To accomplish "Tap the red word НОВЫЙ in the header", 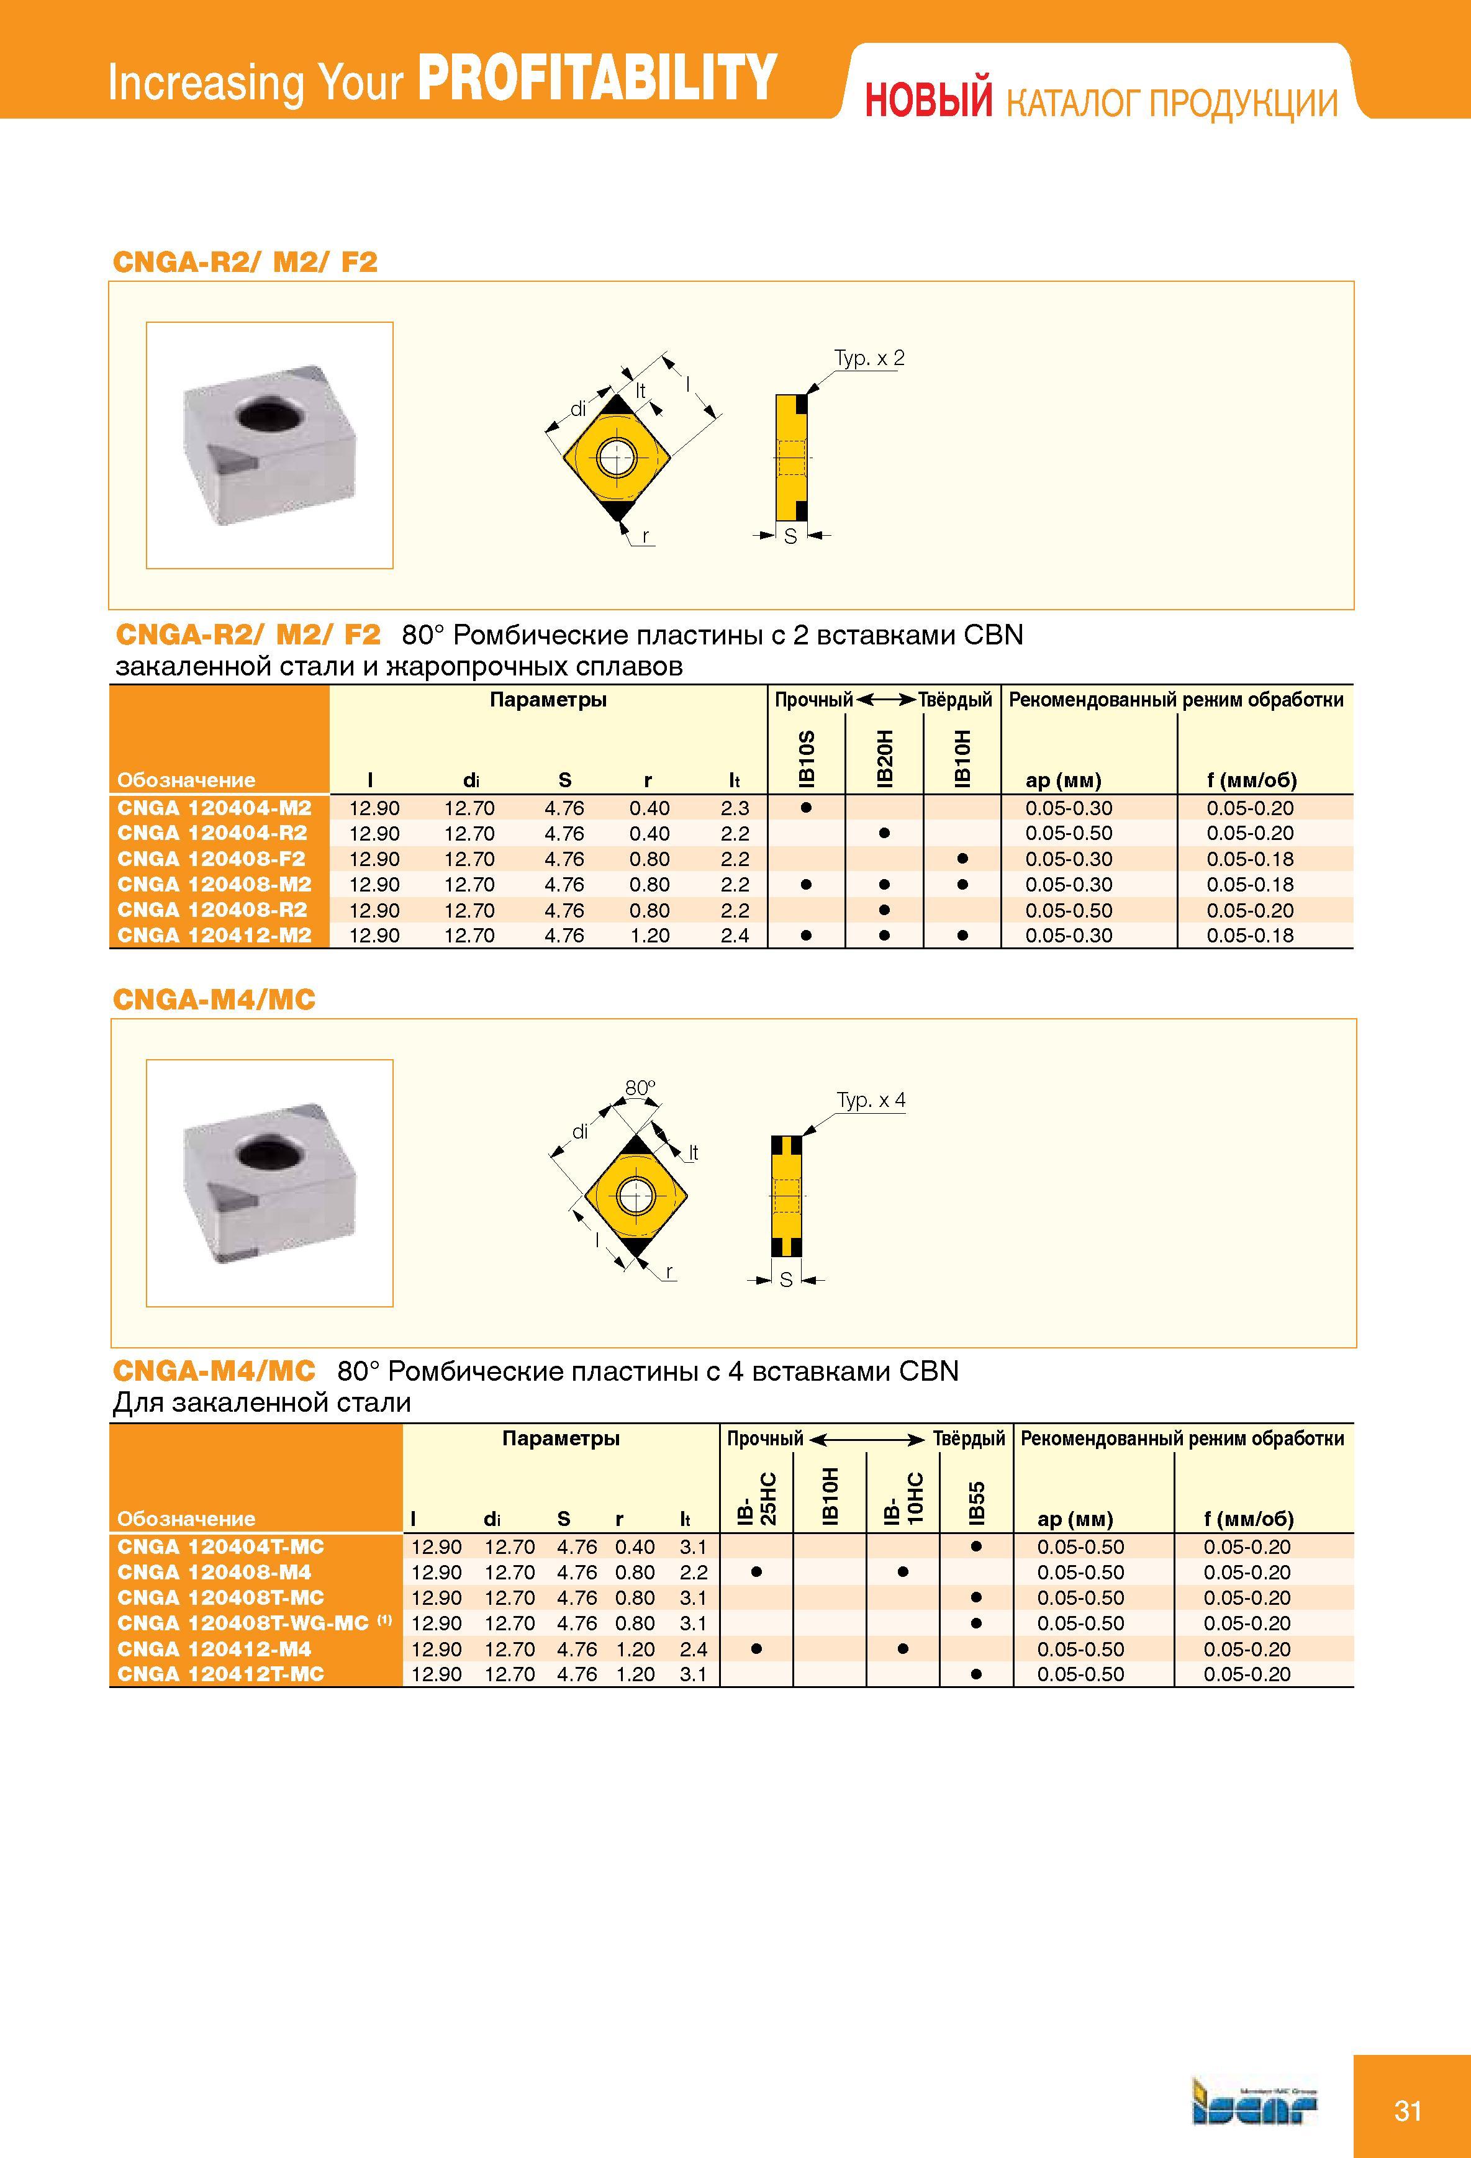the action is coord(929,101).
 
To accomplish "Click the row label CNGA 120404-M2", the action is coord(214,808).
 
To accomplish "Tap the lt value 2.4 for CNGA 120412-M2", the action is coord(735,935).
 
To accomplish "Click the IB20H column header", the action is coord(884,759).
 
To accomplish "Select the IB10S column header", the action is coord(806,759).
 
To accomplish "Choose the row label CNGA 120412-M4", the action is coord(214,1649).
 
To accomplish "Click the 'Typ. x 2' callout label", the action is coord(868,358).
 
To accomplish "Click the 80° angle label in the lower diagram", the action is coord(640,1087).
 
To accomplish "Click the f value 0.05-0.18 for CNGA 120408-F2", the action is coord(1250,859).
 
